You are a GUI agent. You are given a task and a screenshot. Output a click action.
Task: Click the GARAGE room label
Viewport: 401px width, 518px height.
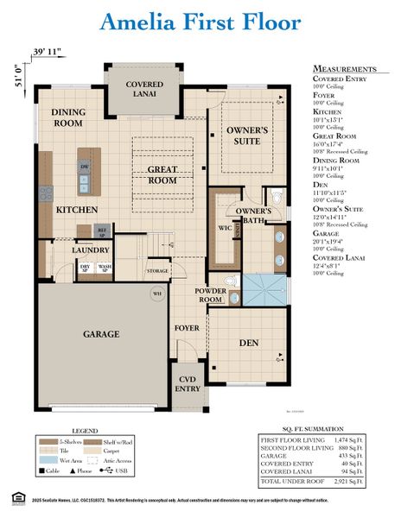pos(101,332)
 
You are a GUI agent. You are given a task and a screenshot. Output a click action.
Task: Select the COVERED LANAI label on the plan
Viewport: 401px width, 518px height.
pos(144,90)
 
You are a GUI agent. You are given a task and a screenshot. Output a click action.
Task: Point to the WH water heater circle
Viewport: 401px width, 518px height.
pos(156,294)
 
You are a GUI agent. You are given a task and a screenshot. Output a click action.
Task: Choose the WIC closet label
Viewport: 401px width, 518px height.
pos(224,228)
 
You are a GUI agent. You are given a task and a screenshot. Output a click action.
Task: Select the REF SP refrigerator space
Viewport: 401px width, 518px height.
pos(101,231)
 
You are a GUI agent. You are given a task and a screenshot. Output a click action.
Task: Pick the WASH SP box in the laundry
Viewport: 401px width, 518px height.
pos(104,268)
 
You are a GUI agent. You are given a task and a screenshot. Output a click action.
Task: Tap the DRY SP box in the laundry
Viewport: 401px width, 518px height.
pos(85,268)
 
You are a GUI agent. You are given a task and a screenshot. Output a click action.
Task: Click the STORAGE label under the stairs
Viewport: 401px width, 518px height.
pos(157,271)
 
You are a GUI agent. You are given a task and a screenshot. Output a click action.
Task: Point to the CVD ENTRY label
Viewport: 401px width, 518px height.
pos(188,382)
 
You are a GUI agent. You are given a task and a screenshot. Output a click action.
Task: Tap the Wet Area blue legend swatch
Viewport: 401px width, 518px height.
pos(48,461)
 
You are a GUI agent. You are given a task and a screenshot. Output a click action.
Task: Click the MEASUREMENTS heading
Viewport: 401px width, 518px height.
pos(344,68)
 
